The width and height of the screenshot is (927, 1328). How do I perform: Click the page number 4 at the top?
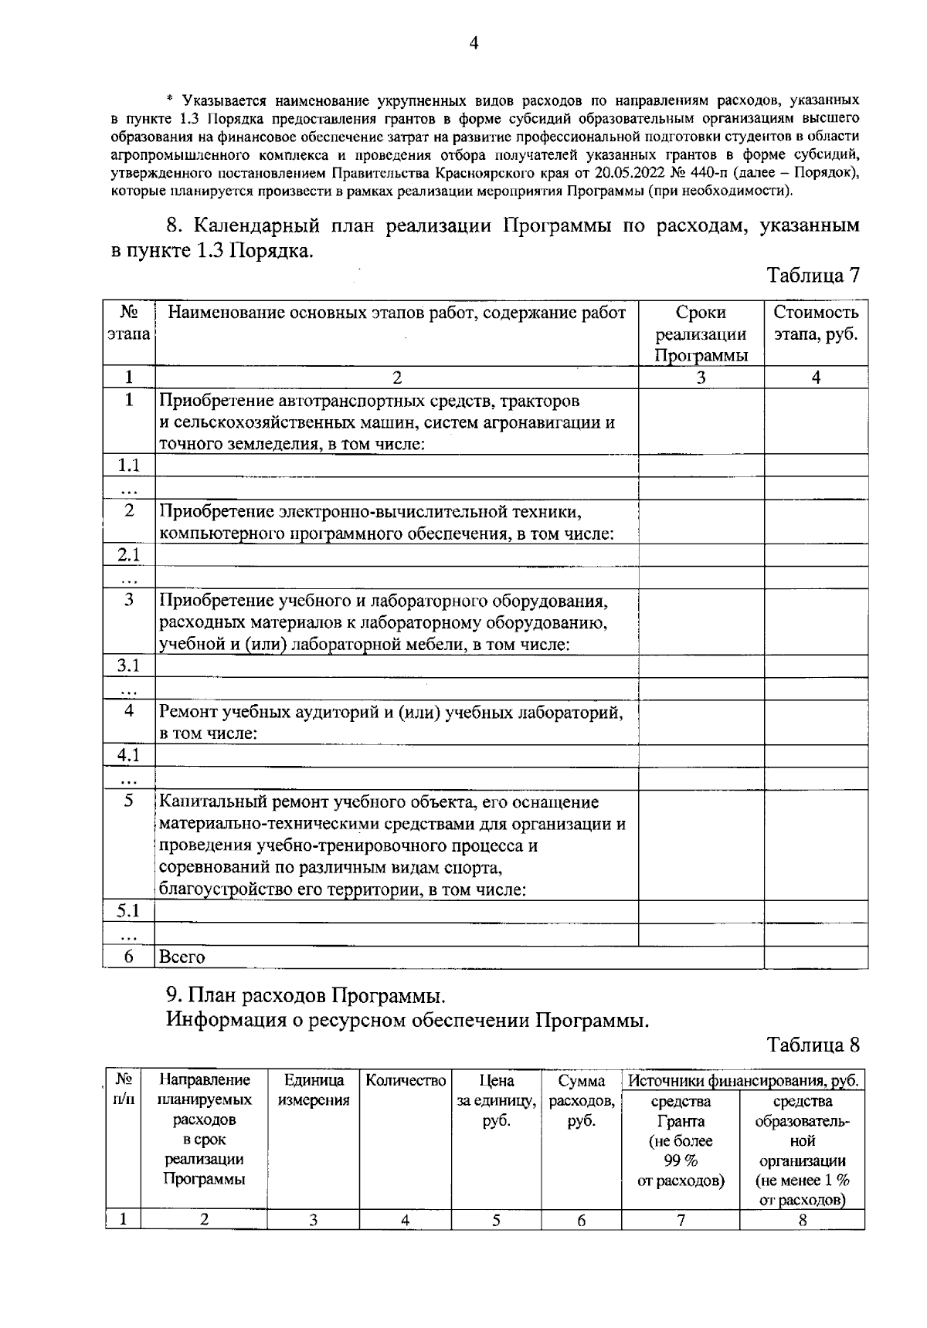coord(474,45)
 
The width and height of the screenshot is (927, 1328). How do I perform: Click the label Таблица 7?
coord(813,276)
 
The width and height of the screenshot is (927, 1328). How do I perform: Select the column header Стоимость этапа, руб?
coord(816,324)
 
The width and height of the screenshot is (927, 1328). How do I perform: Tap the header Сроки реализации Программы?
coord(701,334)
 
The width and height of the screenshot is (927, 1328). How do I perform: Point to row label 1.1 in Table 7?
coord(129,466)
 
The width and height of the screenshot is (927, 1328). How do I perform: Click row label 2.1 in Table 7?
coord(129,555)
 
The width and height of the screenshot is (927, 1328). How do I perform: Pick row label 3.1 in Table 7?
coord(129,666)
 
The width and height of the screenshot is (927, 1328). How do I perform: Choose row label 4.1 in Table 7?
coord(129,755)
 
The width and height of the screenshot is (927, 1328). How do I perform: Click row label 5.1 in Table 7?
coord(129,910)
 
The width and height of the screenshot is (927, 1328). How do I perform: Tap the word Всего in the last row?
coord(182,957)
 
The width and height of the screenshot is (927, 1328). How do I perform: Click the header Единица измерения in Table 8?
coord(313,1089)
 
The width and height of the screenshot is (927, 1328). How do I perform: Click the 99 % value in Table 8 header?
coord(681,1160)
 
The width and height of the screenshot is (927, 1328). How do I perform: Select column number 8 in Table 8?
coord(802,1221)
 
